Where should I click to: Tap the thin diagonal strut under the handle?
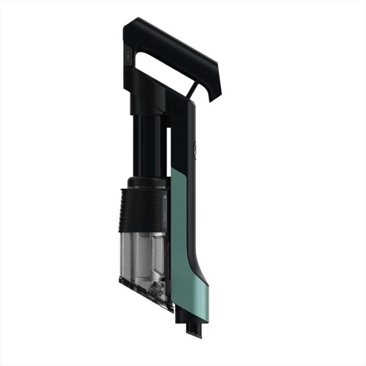(193, 89)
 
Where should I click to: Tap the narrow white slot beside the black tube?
(169, 150)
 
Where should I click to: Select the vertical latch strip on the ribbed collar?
(165, 212)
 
